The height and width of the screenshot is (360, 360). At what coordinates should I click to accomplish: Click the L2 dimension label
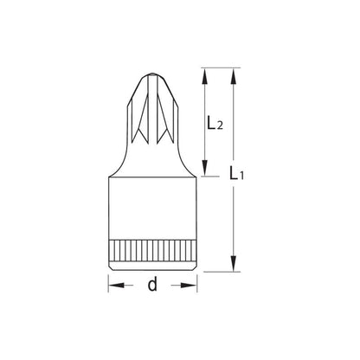coord(215,123)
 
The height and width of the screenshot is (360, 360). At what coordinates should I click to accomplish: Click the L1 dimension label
coord(236,173)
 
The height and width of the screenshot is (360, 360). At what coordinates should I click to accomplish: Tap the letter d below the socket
coord(152,284)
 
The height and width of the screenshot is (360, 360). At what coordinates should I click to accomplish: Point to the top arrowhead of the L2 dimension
coord(204,76)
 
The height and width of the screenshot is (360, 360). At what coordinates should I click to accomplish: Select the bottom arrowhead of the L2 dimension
coord(204,168)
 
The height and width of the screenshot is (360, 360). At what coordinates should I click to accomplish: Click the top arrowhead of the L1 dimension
coord(234,76)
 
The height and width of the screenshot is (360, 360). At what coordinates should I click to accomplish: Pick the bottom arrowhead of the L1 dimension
coord(234,263)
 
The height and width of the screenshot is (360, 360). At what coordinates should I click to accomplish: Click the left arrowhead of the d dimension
coord(117,286)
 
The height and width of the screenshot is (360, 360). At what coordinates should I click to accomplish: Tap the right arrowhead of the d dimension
coord(189,286)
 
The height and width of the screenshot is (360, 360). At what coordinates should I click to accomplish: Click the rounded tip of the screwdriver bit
coord(152,75)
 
